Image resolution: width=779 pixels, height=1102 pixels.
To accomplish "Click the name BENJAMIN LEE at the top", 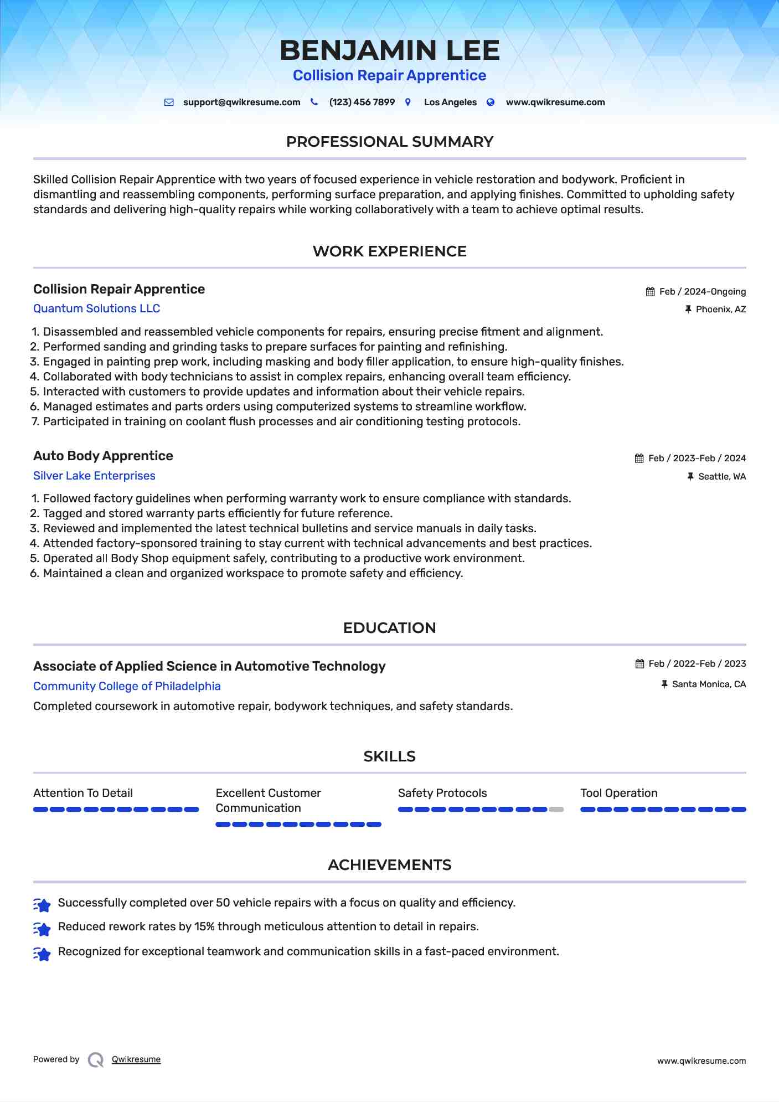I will tap(389, 50).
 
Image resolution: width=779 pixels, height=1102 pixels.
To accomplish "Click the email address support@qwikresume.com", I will tap(241, 102).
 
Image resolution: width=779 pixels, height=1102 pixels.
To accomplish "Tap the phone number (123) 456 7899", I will tap(362, 102).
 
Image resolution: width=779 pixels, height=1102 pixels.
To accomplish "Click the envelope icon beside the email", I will tap(169, 102).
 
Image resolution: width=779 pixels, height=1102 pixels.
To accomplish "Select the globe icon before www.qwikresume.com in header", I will tap(491, 102).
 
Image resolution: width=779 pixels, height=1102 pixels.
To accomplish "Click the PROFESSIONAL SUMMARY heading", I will tap(389, 142).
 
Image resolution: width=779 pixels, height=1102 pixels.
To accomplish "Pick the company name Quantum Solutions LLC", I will tap(96, 308).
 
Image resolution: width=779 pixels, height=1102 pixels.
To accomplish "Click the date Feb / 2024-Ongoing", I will tap(702, 292).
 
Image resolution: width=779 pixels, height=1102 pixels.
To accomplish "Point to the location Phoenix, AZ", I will tap(720, 310).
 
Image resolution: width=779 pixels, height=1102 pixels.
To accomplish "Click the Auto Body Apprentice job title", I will tap(103, 456).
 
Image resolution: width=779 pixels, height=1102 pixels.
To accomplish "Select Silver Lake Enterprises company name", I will tap(94, 476).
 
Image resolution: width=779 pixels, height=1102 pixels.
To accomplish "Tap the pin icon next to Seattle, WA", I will tap(690, 477).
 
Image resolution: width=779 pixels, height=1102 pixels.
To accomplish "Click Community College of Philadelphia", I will tap(127, 686).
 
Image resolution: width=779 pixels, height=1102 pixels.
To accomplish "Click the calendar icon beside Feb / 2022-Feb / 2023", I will tap(639, 664).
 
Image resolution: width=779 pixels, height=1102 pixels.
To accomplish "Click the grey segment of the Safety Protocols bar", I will tap(556, 810).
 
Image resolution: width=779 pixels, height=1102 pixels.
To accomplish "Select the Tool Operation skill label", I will tap(618, 793).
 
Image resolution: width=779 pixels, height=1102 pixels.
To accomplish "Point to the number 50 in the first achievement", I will tap(223, 903).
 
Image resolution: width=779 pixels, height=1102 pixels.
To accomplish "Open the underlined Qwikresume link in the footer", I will tap(136, 1059).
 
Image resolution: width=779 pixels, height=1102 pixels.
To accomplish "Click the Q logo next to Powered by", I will tap(96, 1060).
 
